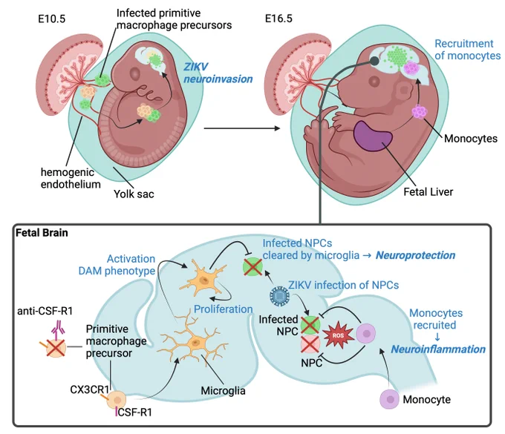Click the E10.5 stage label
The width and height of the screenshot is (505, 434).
click(51, 19)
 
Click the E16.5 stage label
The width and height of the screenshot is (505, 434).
click(278, 19)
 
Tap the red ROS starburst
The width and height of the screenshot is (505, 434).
click(338, 335)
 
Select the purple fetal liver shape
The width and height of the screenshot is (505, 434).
click(373, 136)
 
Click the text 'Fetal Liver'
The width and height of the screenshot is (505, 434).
click(428, 191)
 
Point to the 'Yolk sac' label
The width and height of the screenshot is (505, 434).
click(134, 194)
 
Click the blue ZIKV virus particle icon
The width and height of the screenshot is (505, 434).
click(279, 295)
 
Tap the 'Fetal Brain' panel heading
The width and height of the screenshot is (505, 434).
click(42, 233)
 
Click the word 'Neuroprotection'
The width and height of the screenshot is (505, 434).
click(415, 255)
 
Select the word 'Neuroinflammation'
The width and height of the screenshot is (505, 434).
click(438, 349)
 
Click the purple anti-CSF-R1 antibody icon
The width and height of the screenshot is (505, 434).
click(58, 330)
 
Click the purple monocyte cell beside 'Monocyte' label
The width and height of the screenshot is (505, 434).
click(390, 399)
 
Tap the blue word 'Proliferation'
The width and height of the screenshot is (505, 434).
click(224, 309)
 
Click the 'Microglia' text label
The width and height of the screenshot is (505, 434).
click(224, 390)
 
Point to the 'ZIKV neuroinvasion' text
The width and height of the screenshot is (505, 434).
click(218, 73)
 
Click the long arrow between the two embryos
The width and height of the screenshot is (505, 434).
click(242, 128)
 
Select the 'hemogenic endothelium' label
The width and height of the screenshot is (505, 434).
click(71, 178)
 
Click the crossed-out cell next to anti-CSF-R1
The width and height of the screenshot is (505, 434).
click(56, 348)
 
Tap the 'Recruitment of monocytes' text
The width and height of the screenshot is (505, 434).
click(467, 50)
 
